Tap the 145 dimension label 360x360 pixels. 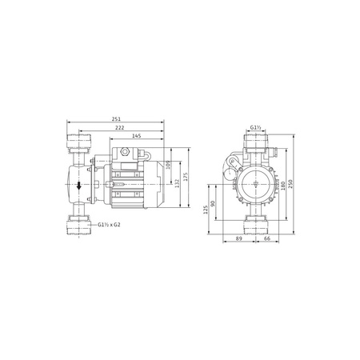138,137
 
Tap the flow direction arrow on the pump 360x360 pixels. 78,186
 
